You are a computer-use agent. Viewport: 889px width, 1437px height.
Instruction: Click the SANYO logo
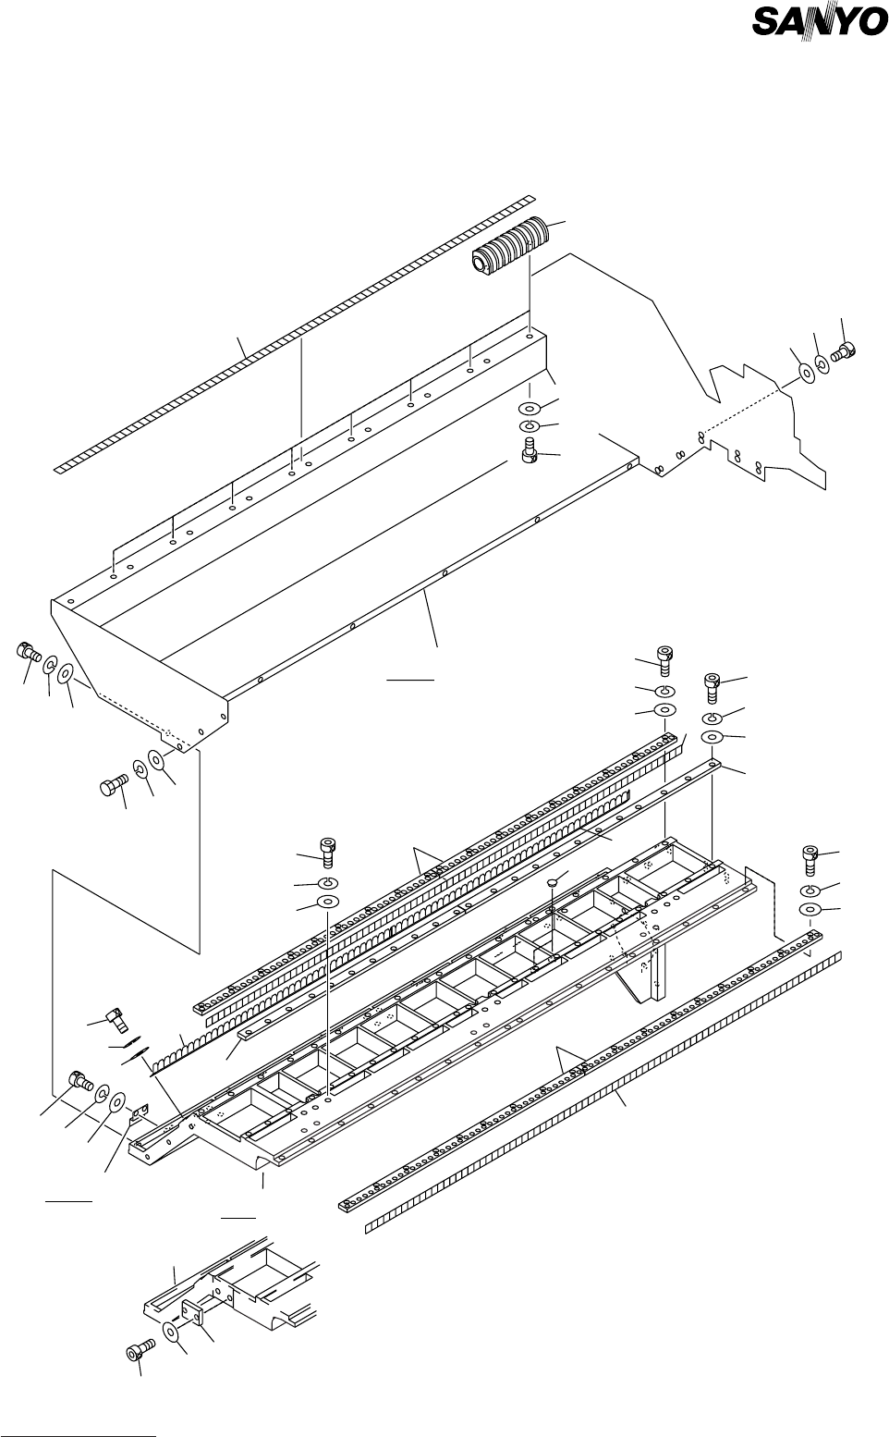pos(819,21)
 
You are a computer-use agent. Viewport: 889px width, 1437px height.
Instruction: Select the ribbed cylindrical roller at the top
pos(511,246)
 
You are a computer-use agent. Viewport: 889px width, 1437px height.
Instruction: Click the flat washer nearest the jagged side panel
pos(806,373)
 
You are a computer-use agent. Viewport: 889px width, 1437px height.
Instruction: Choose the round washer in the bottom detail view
pos(171,1332)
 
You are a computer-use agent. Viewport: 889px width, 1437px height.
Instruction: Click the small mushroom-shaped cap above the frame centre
pos(551,883)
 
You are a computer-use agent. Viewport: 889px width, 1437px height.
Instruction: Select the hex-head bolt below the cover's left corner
pos(111,788)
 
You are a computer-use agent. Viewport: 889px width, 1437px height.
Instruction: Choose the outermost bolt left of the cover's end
pos(26,652)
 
